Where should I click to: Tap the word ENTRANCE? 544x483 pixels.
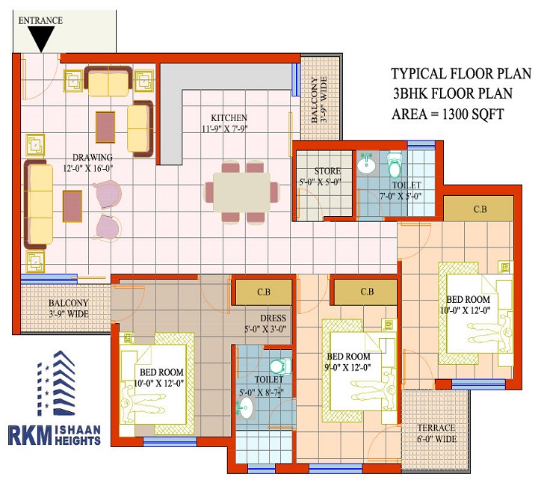pyautogui.click(x=40, y=20)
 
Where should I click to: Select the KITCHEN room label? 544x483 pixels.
pyautogui.click(x=229, y=117)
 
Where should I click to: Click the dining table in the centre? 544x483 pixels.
pyautogui.click(x=242, y=192)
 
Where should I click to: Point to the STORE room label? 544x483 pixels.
pyautogui.click(x=327, y=170)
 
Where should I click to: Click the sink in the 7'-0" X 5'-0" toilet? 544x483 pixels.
pyautogui.click(x=366, y=164)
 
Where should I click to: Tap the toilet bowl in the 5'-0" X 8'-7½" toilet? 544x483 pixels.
pyautogui.click(x=280, y=366)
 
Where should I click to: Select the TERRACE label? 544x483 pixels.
pyautogui.click(x=436, y=428)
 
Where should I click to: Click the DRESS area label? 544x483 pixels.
pyautogui.click(x=273, y=318)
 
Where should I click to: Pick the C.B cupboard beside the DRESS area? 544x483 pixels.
pyautogui.click(x=264, y=292)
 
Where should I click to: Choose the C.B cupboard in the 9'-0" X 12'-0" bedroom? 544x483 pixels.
pyautogui.click(x=366, y=292)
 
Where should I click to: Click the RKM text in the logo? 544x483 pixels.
pyautogui.click(x=30, y=435)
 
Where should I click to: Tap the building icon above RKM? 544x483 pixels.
pyautogui.click(x=56, y=384)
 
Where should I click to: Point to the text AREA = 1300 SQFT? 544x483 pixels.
pyautogui.click(x=448, y=114)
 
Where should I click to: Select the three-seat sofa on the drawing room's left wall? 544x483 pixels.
pyautogui.click(x=39, y=205)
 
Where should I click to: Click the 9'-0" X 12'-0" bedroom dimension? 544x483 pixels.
pyautogui.click(x=348, y=367)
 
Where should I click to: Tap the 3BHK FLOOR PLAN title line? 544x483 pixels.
pyautogui.click(x=452, y=93)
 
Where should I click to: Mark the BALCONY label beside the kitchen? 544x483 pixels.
pyautogui.click(x=315, y=100)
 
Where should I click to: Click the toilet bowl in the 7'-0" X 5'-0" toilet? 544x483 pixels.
pyautogui.click(x=394, y=164)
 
